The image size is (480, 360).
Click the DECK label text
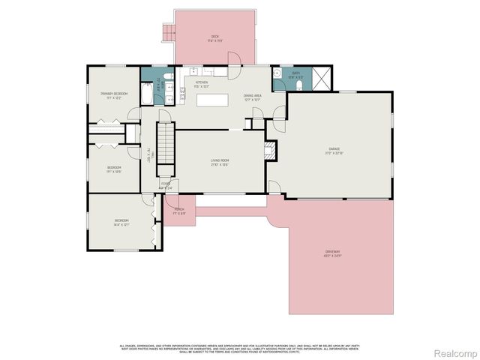[214, 37]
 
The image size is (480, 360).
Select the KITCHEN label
[201, 82]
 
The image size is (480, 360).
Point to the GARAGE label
[334, 150]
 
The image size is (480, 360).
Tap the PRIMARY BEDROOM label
[115, 93]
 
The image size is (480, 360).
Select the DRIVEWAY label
[332, 251]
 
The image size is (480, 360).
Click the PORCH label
[179, 209]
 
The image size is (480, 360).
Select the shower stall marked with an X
[320, 78]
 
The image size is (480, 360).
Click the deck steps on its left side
[169, 32]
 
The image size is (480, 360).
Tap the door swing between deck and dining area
[234, 59]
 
